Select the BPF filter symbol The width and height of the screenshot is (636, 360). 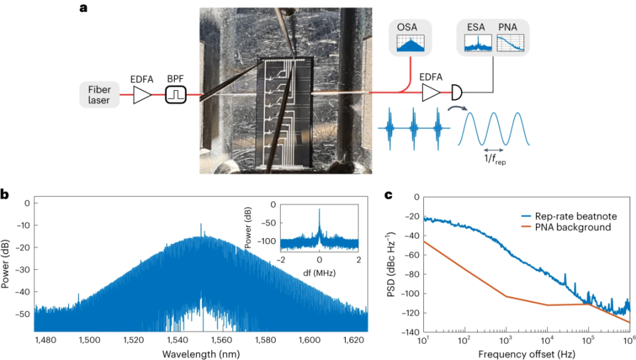pos(175,95)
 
